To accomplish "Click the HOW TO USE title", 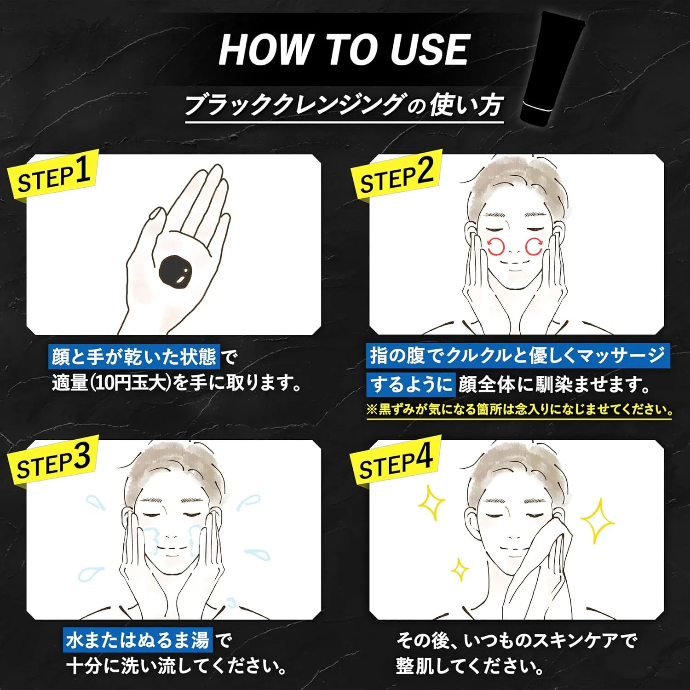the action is pyautogui.click(x=344, y=49).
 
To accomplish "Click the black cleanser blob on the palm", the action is pyautogui.click(x=178, y=271).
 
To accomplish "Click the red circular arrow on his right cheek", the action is pyautogui.click(x=496, y=246).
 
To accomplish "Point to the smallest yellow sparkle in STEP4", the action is pyautogui.click(x=459, y=570).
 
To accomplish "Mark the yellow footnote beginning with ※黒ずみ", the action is pyautogui.click(x=519, y=409).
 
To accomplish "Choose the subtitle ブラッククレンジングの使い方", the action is pyautogui.click(x=344, y=105).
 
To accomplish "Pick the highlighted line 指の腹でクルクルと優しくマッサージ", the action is pyautogui.click(x=518, y=356).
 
